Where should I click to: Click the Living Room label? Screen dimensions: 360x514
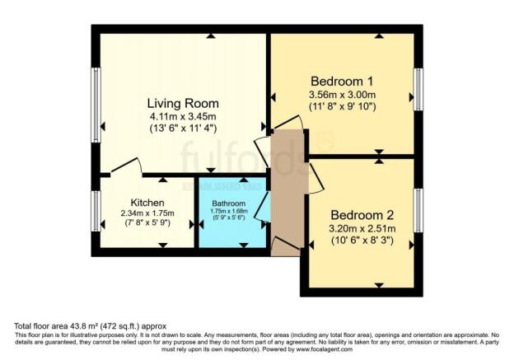(x=183, y=104)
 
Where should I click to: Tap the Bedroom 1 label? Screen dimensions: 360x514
(x=342, y=82)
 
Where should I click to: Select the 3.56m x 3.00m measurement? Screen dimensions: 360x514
(x=342, y=96)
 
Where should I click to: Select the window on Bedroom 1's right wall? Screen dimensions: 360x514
(x=418, y=88)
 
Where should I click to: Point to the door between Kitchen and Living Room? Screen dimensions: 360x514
(x=125, y=168)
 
